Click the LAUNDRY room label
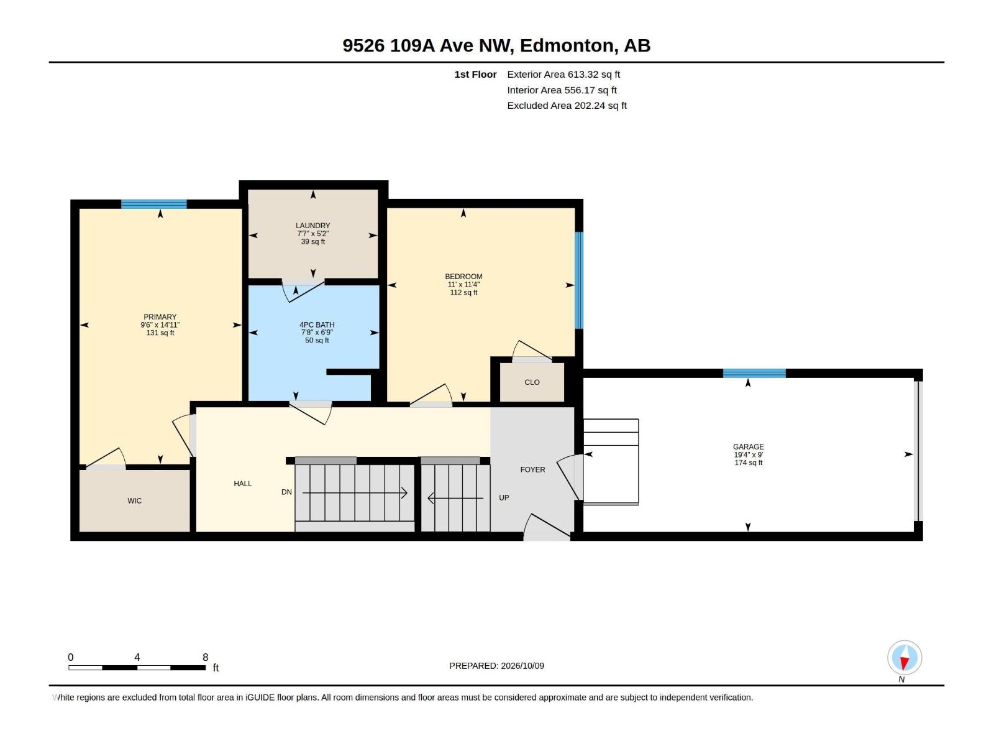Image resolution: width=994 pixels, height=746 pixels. pyautogui.click(x=312, y=226)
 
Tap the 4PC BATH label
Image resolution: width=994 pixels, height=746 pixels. pyautogui.click(x=317, y=325)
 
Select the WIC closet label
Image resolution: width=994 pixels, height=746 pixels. pyautogui.click(x=134, y=500)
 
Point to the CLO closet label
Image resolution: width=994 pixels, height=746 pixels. pyautogui.click(x=532, y=382)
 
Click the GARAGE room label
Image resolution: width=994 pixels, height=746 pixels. pyautogui.click(x=748, y=446)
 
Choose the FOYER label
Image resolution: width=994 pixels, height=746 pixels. pyautogui.click(x=532, y=470)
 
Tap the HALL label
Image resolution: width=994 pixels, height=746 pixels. pyautogui.click(x=243, y=484)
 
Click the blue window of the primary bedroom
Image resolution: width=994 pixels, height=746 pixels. pyautogui.click(x=154, y=204)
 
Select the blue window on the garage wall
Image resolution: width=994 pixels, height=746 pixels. pyautogui.click(x=754, y=373)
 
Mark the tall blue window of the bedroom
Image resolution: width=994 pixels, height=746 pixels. pyautogui.click(x=579, y=280)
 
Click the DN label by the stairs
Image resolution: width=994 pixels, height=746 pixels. pyautogui.click(x=286, y=492)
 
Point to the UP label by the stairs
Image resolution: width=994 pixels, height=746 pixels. pyautogui.click(x=504, y=498)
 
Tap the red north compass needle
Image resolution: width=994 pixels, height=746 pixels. pyautogui.click(x=904, y=663)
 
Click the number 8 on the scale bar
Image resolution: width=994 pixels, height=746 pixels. pyautogui.click(x=205, y=657)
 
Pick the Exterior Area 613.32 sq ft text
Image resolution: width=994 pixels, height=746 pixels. pyautogui.click(x=563, y=74)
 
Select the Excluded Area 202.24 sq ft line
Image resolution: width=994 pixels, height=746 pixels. pyautogui.click(x=567, y=106)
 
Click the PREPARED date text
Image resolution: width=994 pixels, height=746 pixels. pyautogui.click(x=496, y=666)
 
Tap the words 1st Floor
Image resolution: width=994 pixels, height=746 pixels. pyautogui.click(x=475, y=74)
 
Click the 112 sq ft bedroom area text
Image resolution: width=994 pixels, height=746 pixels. pyautogui.click(x=463, y=293)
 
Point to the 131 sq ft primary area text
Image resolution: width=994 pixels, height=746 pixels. pyautogui.click(x=160, y=333)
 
